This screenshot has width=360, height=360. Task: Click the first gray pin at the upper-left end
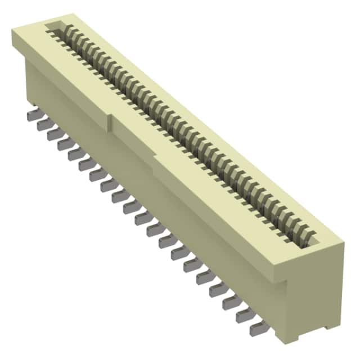[x=31, y=115]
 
